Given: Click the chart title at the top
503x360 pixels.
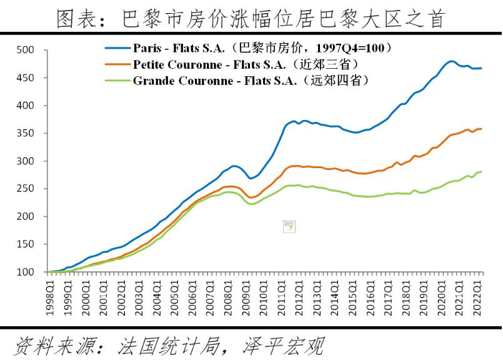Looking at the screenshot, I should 251,19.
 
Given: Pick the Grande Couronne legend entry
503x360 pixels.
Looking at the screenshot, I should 251,80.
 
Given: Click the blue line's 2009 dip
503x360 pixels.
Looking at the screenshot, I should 251,178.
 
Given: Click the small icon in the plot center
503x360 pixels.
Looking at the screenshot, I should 289,227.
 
